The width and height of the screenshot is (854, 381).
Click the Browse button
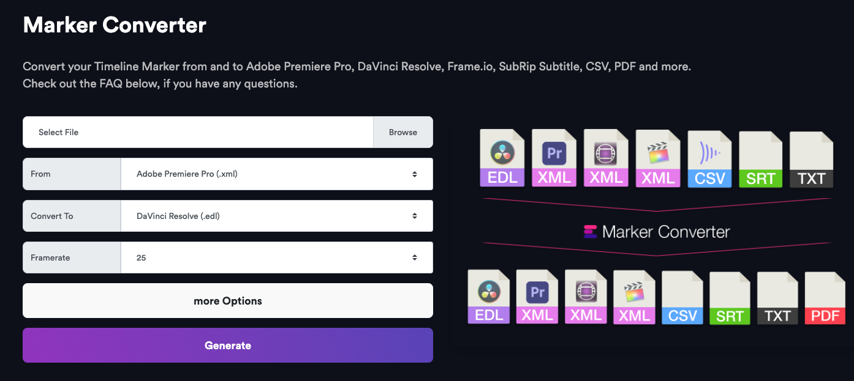[x=403, y=132]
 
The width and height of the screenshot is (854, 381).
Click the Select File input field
[x=198, y=132]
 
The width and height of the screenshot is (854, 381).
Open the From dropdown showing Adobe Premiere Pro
[x=277, y=174]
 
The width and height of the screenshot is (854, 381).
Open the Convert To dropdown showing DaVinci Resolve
[x=277, y=216]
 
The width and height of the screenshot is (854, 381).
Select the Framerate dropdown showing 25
[x=277, y=257]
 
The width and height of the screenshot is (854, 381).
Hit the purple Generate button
[x=228, y=345]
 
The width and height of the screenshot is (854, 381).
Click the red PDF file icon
[x=825, y=298]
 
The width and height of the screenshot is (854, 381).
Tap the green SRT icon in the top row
[x=761, y=160]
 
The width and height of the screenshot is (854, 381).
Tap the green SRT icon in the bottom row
[x=730, y=298]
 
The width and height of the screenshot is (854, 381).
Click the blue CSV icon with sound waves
[x=709, y=159]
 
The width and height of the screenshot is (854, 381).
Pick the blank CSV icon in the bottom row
[x=682, y=298]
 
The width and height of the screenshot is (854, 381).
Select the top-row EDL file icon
[x=502, y=158]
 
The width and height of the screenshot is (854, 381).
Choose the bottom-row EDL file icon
[x=489, y=297]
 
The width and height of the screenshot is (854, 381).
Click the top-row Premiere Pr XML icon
[x=554, y=158]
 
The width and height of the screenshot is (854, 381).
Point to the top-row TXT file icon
[x=811, y=160]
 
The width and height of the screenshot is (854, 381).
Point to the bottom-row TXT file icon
[x=777, y=298]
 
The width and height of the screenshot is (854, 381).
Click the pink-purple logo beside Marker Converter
[x=590, y=232]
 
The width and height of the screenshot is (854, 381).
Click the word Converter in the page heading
[x=154, y=25]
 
